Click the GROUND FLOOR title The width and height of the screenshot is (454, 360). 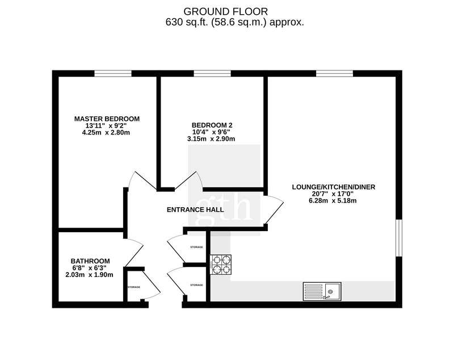click(225, 11)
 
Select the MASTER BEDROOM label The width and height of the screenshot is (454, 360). click(107, 119)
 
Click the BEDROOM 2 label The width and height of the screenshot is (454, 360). click(212, 125)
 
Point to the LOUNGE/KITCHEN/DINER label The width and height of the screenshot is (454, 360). click(334, 187)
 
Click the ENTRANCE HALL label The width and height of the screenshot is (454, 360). click(195, 210)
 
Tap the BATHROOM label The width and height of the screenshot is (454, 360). click(90, 261)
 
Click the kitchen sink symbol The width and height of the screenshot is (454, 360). click(322, 291)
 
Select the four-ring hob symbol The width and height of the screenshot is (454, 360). click(221, 265)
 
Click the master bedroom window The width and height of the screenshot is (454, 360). click(113, 74)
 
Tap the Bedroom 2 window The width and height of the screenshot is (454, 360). click(212, 74)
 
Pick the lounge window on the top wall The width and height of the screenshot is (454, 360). click(334, 74)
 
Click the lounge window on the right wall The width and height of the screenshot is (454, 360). click(399, 238)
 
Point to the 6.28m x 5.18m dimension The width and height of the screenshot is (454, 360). click(333, 200)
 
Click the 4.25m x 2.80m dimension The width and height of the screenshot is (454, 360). click(106, 133)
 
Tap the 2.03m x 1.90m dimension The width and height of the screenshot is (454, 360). click(90, 275)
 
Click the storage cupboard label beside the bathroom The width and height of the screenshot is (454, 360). click(134, 287)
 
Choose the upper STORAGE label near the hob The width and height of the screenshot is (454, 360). click(196, 248)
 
